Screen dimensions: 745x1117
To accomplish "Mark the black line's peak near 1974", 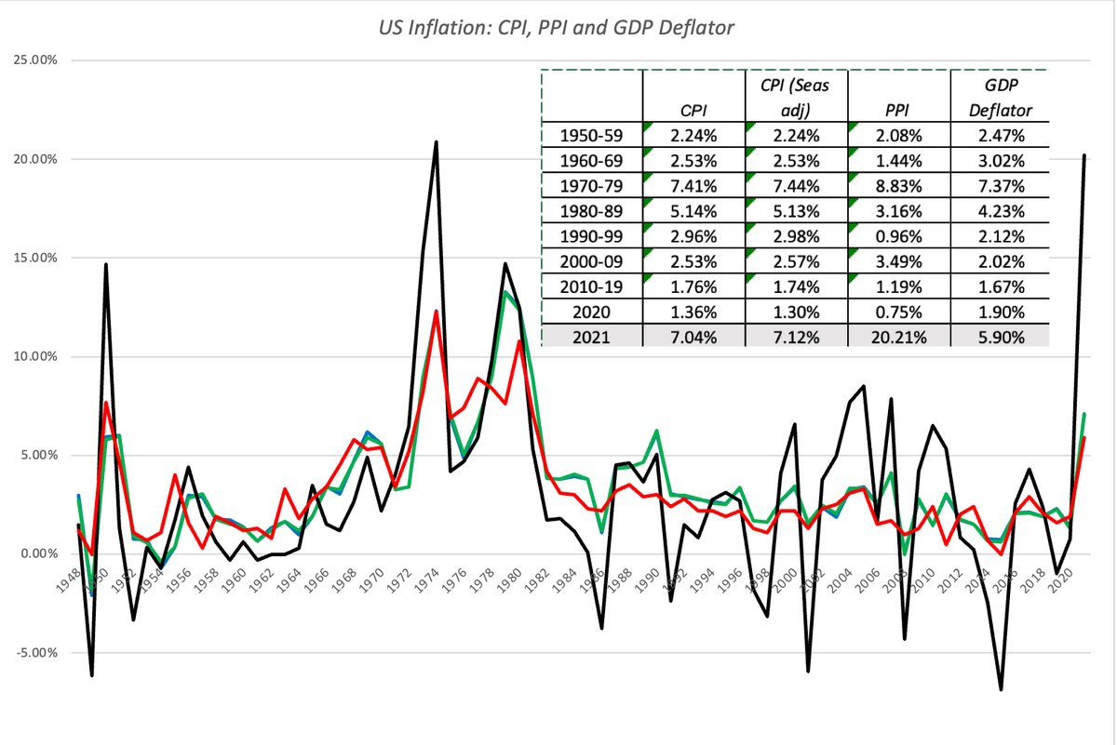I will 436,142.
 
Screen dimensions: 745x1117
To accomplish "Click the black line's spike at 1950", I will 106,265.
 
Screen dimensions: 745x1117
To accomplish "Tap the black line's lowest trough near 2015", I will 1001,689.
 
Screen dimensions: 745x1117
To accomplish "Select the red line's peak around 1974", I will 436,312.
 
